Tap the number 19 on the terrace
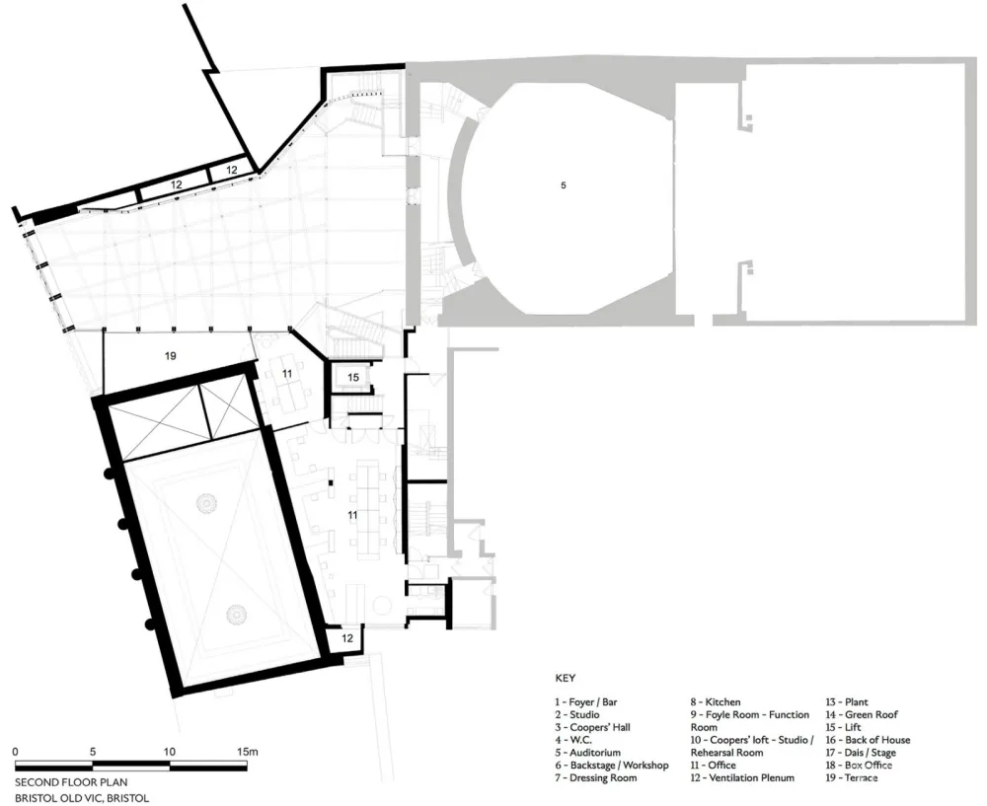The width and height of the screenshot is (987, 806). pos(170,355)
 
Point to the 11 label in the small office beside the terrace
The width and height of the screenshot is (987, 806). pos(286,374)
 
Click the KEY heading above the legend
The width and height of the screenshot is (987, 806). pos(565,679)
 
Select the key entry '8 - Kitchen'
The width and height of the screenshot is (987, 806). pos(716,701)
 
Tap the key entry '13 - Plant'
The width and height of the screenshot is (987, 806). pos(848,701)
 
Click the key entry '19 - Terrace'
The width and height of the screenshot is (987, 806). pos(852,777)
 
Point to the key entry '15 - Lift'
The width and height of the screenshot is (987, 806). pos(844,727)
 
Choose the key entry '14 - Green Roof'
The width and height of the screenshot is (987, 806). pos(862,714)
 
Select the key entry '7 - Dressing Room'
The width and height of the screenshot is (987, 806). pos(595,777)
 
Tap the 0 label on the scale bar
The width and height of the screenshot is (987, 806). pos(16,752)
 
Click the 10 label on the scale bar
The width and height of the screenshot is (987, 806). pos(170,752)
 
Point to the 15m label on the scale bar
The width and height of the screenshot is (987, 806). pos(247,752)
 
